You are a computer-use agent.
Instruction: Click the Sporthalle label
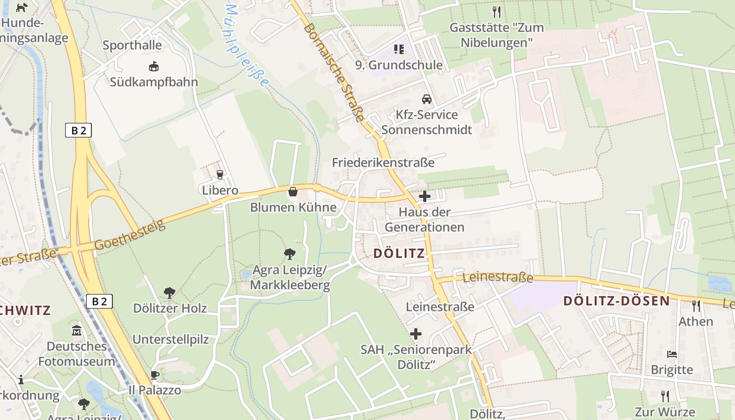(132, 45)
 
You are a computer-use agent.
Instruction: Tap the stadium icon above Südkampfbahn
(154, 67)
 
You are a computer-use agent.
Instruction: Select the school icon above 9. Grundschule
(399, 49)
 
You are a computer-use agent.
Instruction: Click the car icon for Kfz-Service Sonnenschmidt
(427, 99)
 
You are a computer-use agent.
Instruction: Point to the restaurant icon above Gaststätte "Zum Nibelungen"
(497, 12)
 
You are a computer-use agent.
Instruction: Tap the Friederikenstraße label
(383, 163)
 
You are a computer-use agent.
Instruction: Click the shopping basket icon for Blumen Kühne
(293, 192)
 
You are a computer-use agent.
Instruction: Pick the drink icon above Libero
(220, 174)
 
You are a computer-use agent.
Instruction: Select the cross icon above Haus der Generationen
(425, 197)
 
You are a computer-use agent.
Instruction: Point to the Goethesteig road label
(130, 235)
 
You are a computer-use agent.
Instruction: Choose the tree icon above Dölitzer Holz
(169, 292)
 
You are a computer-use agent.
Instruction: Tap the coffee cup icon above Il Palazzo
(154, 375)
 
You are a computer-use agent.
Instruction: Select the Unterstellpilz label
(170, 339)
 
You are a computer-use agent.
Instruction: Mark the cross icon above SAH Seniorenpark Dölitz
(416, 334)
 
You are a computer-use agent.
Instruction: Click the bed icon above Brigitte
(671, 354)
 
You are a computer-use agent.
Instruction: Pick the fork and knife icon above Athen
(696, 306)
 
